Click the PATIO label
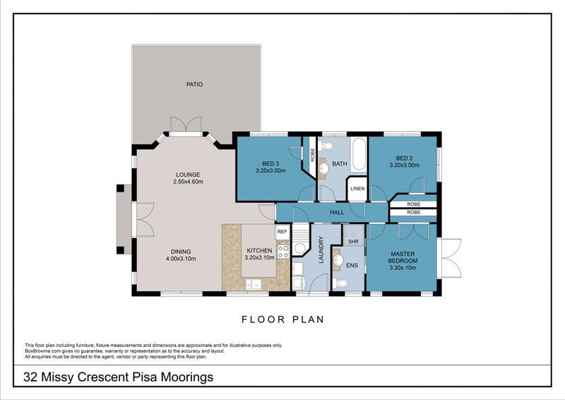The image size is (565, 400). click(194, 84)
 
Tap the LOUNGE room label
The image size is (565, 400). click(189, 174)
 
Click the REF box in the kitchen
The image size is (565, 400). click(282, 231)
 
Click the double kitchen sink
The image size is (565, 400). click(253, 285)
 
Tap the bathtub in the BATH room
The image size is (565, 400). click(357, 155)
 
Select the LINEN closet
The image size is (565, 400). click(357, 189)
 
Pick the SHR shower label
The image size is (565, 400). click(353, 241)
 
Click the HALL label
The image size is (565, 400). click(336, 211)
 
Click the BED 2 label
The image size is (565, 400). click(404, 158)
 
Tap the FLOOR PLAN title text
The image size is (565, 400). click(282, 319)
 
